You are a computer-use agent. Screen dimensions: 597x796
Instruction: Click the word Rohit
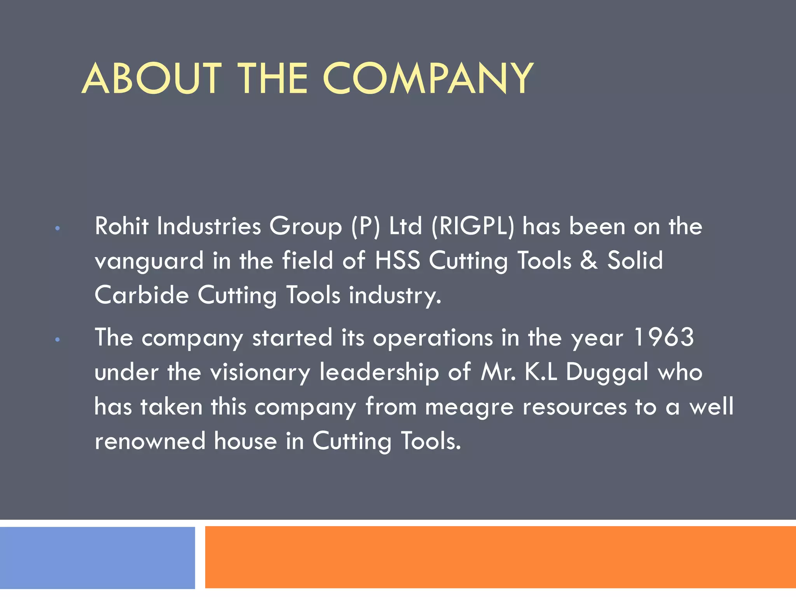122,226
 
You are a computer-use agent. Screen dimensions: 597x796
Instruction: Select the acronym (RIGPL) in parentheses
473,226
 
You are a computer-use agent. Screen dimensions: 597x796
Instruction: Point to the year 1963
664,337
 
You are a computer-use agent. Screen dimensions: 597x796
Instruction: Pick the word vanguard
149,261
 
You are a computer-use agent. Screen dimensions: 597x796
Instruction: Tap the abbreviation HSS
398,260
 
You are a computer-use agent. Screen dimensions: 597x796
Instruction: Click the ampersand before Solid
589,260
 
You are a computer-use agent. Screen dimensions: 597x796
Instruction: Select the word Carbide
141,295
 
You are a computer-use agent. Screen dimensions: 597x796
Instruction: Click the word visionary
260,372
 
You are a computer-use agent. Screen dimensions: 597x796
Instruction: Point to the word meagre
469,407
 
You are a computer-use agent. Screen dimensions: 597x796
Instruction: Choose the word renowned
150,442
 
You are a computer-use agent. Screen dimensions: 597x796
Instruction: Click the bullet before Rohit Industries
58,229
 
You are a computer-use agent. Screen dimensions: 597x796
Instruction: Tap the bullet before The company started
58,340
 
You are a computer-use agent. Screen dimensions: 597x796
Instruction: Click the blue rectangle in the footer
97,557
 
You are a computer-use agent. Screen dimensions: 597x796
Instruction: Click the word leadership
379,372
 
